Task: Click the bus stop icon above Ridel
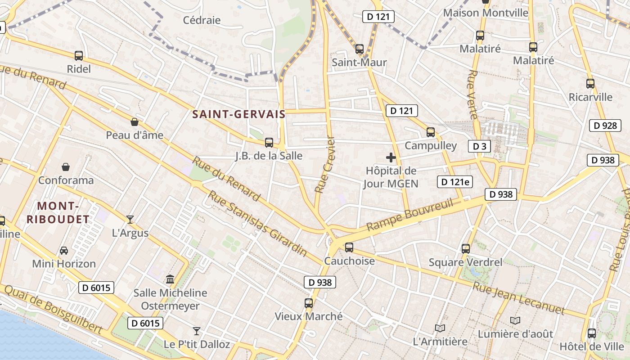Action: (x=79, y=56)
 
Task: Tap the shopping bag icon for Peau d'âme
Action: (x=134, y=122)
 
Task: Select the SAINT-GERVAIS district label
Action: (x=239, y=114)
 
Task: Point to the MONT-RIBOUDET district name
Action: (x=58, y=213)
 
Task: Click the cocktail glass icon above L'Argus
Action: (x=130, y=220)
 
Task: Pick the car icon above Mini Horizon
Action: (x=64, y=250)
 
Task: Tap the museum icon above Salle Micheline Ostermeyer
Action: (x=170, y=279)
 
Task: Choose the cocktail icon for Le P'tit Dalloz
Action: (x=197, y=331)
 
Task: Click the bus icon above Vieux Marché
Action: (x=308, y=303)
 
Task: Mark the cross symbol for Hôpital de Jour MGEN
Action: (x=391, y=157)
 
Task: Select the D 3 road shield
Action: (x=480, y=146)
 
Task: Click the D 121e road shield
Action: (x=455, y=182)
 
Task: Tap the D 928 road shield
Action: (x=605, y=126)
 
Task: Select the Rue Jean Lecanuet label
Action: (x=518, y=297)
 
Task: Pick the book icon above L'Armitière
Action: (x=440, y=328)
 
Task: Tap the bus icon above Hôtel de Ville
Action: (x=592, y=333)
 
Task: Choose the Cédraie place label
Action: (x=202, y=20)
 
